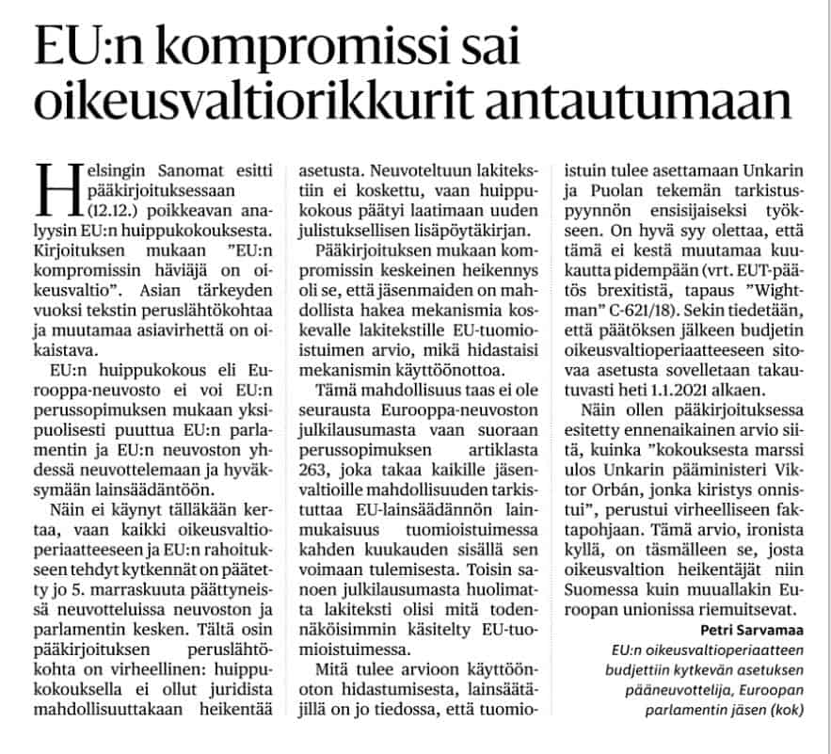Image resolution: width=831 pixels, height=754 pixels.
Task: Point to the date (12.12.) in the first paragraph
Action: pos(101,210)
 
